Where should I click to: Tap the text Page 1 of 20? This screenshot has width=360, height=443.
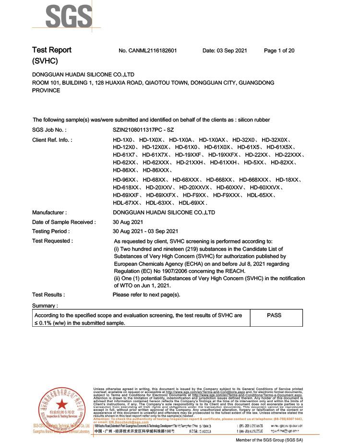(279, 50)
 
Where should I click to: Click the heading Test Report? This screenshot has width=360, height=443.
(51, 50)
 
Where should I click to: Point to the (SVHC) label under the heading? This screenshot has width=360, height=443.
(45, 61)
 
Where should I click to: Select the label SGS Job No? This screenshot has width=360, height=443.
(49, 130)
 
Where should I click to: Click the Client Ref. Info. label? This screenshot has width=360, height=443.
(52, 139)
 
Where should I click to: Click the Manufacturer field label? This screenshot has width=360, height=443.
(49, 212)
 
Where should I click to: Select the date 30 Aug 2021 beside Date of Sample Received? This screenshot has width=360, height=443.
(128, 222)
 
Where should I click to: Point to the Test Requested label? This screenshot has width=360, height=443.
(52, 241)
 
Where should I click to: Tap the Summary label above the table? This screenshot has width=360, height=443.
(45, 306)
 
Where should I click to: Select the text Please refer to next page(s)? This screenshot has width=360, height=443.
(146, 295)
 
